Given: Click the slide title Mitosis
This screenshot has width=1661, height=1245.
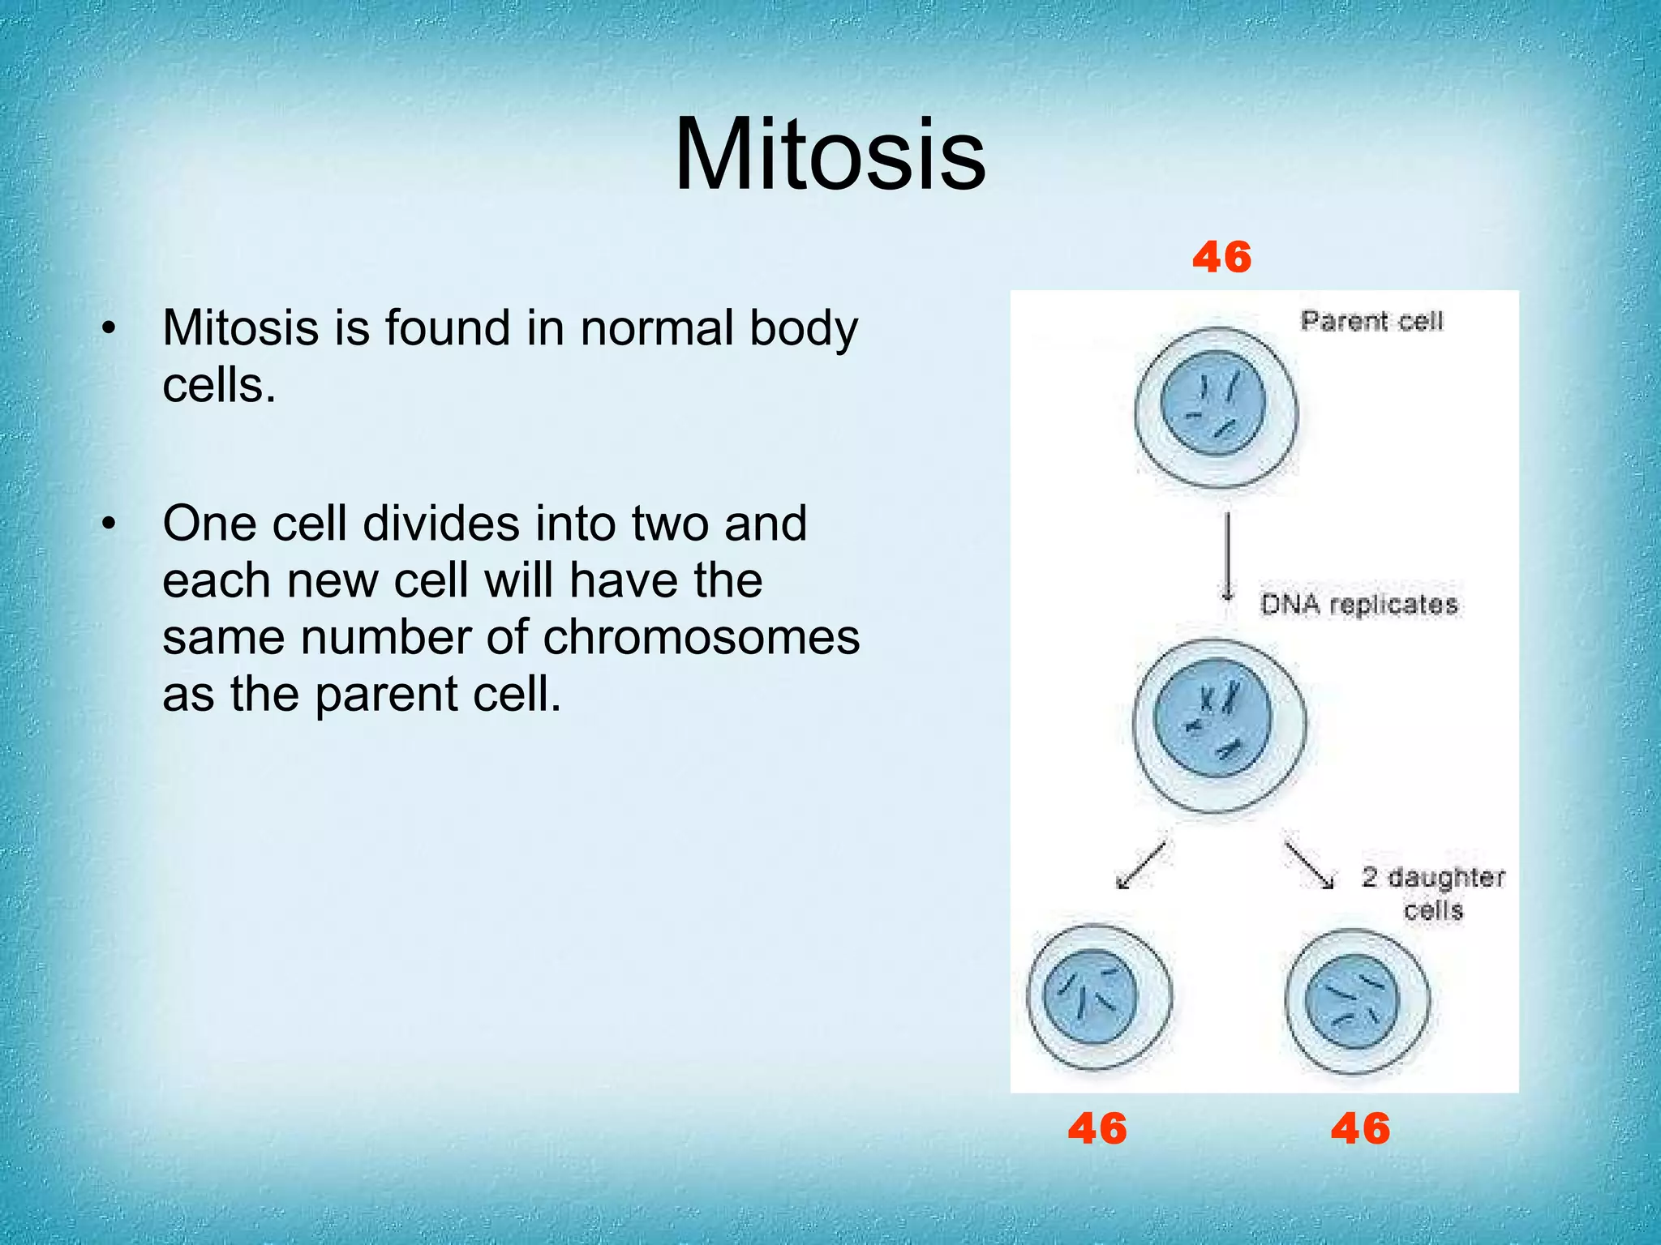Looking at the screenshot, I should tap(830, 155).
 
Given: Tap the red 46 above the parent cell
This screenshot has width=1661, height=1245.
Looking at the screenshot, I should tap(1221, 258).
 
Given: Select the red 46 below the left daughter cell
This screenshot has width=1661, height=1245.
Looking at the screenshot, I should tap(1097, 1128).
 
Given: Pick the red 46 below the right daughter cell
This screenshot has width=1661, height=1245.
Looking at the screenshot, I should tap(1360, 1128).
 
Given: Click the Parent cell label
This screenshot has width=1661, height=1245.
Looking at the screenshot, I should tap(1371, 322).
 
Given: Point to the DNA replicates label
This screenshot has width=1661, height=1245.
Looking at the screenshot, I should tap(1358, 605).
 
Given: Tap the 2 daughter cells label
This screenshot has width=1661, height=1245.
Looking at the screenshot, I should tap(1432, 893).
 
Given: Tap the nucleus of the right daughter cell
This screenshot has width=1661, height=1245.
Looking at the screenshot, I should tap(1351, 1001).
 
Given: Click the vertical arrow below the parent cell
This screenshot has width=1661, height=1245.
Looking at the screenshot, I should tap(1228, 556).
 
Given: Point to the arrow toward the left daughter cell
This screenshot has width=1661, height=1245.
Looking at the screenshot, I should tap(1140, 866).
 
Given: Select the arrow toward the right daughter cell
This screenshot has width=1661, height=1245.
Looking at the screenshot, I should tap(1308, 866).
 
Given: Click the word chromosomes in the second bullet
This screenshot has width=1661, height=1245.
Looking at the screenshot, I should tap(701, 638).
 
